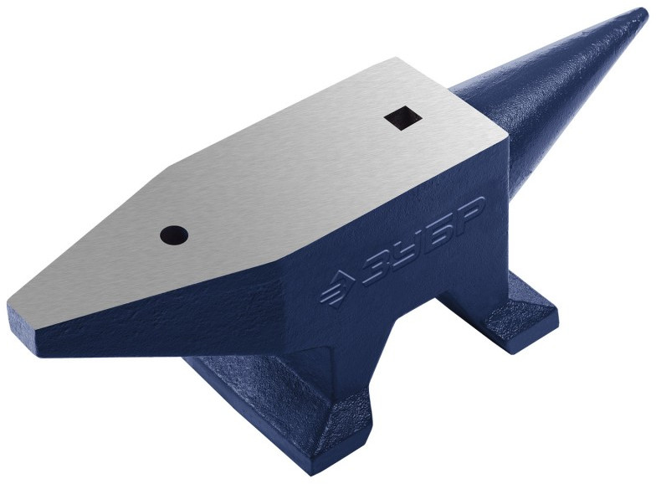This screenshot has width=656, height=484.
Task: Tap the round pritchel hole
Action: coord(174,234)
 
